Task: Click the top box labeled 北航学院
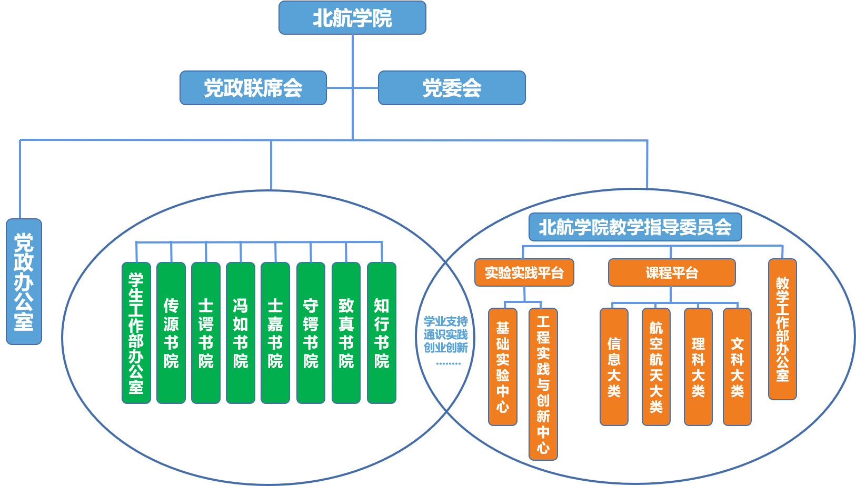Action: point(352,18)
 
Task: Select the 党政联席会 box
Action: point(253,88)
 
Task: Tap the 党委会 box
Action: point(452,88)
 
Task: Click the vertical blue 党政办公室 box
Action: point(24,281)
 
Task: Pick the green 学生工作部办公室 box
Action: point(136,333)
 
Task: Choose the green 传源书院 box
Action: point(171,333)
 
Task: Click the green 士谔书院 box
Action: point(206,333)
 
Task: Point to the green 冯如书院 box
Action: point(241,333)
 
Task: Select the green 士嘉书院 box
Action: point(275,333)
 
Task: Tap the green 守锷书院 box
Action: point(311,333)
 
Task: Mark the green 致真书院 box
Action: point(346,333)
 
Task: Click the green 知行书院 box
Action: point(381,333)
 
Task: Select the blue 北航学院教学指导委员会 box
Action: point(635,227)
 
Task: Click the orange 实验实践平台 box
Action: point(524,272)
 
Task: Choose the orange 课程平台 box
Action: point(672,272)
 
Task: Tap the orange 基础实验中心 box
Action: point(503,367)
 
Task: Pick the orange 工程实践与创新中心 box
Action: point(543,384)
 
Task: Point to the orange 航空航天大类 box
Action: point(656,367)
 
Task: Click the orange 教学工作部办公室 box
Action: point(782,329)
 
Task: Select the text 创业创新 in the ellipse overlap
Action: point(446,348)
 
